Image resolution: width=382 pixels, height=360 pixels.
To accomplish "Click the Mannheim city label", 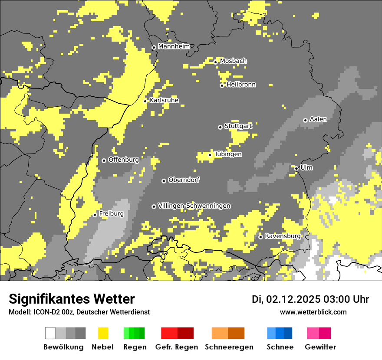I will click(x=174, y=46).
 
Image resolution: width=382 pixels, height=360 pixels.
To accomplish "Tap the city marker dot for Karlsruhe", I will click(x=145, y=101).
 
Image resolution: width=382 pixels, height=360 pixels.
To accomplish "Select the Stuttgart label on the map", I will click(x=238, y=126).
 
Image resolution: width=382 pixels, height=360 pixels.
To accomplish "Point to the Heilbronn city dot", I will click(x=222, y=85).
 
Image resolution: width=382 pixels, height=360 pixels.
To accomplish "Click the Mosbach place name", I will click(x=233, y=61).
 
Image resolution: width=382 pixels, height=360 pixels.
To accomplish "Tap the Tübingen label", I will click(x=228, y=154).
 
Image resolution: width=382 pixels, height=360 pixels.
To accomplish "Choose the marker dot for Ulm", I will click(x=296, y=168).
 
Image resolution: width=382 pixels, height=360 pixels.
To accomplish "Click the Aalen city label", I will click(x=318, y=119).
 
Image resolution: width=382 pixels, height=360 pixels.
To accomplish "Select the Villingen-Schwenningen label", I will click(x=194, y=206).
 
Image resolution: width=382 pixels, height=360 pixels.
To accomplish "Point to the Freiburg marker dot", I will click(x=95, y=215).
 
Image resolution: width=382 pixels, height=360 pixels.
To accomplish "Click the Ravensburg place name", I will click(x=283, y=236).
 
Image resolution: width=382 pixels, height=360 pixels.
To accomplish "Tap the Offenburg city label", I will click(x=124, y=160).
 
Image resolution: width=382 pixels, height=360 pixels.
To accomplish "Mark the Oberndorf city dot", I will click(x=164, y=181).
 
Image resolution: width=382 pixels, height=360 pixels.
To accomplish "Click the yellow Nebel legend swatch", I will click(x=103, y=333).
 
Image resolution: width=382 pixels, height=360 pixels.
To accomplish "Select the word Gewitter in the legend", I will click(x=320, y=347).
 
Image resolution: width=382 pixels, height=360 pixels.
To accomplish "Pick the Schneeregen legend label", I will click(x=229, y=347).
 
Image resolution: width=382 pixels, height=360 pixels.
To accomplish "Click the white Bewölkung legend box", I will click(x=50, y=333).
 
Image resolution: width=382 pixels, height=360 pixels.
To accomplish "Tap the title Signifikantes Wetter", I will click(x=72, y=299).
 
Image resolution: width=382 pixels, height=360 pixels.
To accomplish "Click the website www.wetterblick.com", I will click(x=313, y=312).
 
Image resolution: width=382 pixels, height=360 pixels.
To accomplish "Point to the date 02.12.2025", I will click(x=293, y=299).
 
